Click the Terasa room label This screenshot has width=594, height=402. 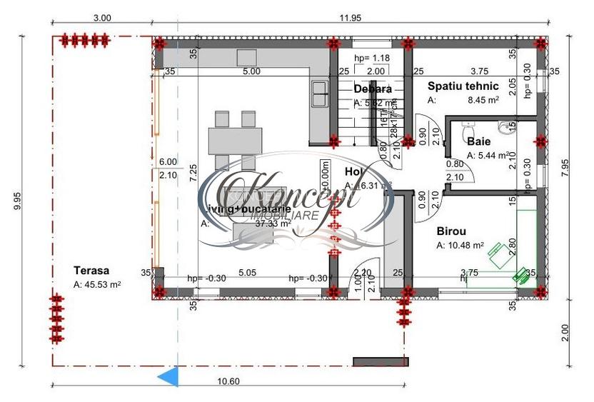coord(91,271)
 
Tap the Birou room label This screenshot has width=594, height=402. coord(451,231)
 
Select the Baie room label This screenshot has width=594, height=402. coord(479,141)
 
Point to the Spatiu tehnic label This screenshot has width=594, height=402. coord(463,86)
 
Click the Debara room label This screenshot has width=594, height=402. coord(373,89)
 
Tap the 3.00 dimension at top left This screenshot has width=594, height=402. coord(101,18)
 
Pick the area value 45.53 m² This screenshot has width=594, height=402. coord(97,284)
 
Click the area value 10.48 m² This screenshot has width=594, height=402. coord(460,246)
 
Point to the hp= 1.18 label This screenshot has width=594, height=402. coord(371,58)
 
